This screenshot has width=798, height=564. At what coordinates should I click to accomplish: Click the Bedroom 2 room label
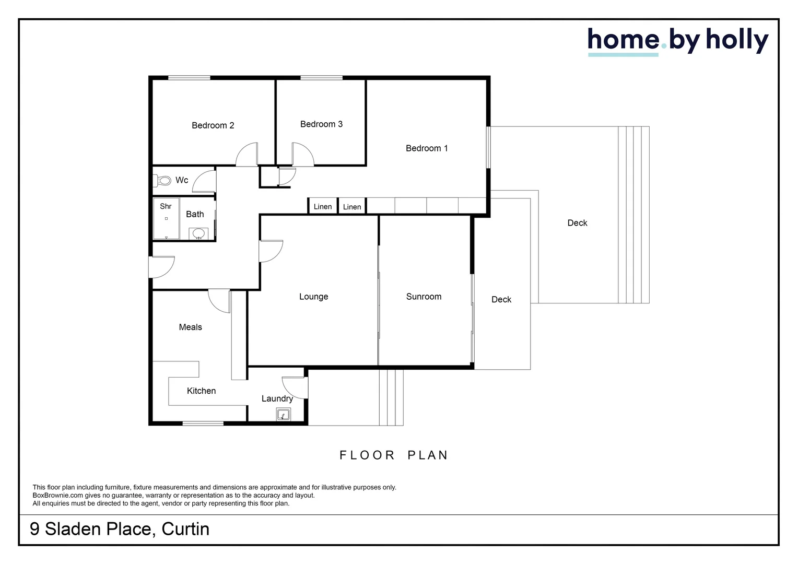213,125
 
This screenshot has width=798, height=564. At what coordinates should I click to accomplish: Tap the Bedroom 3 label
321,124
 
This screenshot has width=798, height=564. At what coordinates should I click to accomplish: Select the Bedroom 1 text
427,148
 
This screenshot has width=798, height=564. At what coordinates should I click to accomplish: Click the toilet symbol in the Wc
163,181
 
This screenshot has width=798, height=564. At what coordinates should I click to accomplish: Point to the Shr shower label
166,206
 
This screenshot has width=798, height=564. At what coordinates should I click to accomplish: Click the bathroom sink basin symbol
198,233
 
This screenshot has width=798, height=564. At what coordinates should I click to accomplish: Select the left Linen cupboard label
323,207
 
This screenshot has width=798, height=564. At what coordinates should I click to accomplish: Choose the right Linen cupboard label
352,207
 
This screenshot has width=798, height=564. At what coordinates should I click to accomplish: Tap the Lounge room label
313,297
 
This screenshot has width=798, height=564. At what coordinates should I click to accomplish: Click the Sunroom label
424,297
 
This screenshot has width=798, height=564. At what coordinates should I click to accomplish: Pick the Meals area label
190,327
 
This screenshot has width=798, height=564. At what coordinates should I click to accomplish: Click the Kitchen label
201,391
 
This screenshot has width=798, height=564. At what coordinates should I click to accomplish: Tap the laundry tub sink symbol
283,415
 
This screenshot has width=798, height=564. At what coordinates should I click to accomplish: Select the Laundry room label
277,399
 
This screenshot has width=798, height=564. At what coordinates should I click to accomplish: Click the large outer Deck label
577,223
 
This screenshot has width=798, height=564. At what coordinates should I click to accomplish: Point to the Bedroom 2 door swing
247,155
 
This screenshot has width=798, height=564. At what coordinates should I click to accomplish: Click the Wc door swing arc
204,181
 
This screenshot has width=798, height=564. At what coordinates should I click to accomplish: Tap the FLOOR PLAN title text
394,455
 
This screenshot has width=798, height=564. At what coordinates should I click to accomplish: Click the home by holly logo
677,41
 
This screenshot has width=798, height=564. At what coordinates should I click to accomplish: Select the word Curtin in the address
185,529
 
